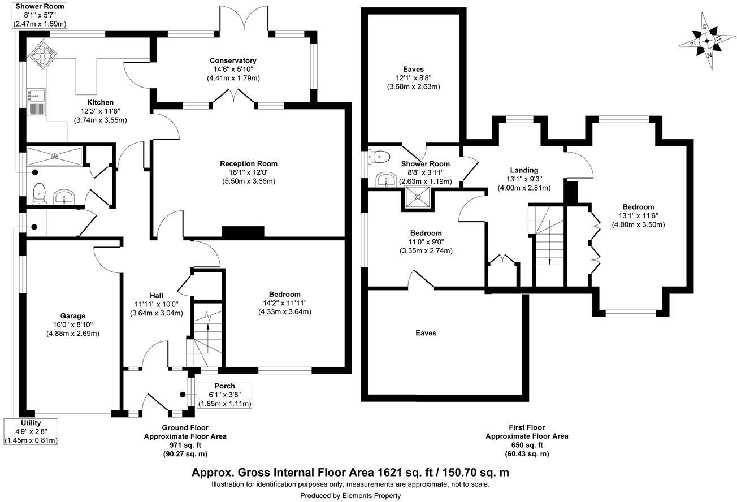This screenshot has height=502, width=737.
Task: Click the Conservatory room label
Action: [x=233, y=60]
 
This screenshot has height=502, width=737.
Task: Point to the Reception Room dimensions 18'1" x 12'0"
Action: [x=249, y=172]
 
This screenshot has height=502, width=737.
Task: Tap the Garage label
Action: [x=73, y=316]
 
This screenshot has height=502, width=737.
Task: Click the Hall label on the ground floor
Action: [x=157, y=296]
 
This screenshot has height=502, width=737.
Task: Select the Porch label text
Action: [x=224, y=386]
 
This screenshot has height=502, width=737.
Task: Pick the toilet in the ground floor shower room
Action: [x=40, y=192]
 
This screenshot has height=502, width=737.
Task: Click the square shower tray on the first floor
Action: [x=418, y=198]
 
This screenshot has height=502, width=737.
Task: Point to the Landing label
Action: [x=524, y=170]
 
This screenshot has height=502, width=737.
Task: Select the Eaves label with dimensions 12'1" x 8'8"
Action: [x=413, y=70]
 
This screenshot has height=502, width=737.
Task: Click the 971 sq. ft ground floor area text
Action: [x=185, y=445]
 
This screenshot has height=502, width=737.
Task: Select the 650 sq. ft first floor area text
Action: [x=526, y=445]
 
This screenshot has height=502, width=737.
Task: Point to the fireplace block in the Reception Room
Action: [x=243, y=232]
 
